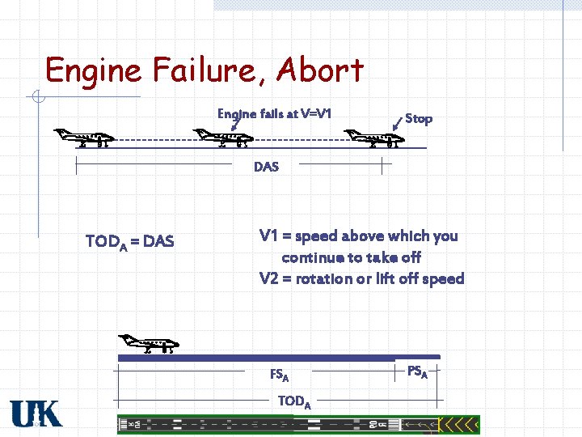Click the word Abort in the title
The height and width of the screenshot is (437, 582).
tap(319, 71)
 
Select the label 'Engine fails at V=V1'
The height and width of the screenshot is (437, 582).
tap(274, 114)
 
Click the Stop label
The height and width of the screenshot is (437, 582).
tap(418, 119)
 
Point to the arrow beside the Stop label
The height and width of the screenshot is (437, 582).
tap(396, 123)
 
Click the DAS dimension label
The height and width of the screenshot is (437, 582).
tap(266, 167)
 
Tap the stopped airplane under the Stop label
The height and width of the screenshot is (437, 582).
tap(373, 138)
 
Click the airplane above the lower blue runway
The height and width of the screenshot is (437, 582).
tap(148, 345)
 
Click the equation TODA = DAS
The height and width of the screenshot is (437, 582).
tap(129, 241)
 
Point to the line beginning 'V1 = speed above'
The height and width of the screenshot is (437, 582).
tap(358, 236)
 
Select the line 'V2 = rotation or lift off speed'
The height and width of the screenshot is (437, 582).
tap(361, 279)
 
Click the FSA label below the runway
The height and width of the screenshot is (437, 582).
tap(279, 375)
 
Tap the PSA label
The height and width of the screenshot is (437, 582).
tap(417, 372)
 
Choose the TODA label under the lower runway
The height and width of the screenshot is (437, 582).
tap(294, 401)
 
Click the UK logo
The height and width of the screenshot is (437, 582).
tap(36, 414)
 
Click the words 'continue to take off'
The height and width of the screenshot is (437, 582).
tap(351, 257)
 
